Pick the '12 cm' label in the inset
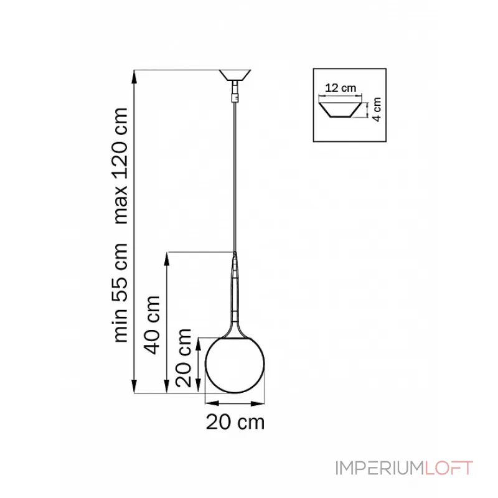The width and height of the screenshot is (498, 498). click(x=341, y=88)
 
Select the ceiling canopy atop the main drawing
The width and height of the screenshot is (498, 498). click(x=235, y=75)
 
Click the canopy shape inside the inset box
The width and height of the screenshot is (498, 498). click(x=340, y=111)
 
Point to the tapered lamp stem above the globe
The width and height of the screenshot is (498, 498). click(x=235, y=293)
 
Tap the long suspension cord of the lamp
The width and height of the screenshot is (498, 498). click(x=235, y=174)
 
